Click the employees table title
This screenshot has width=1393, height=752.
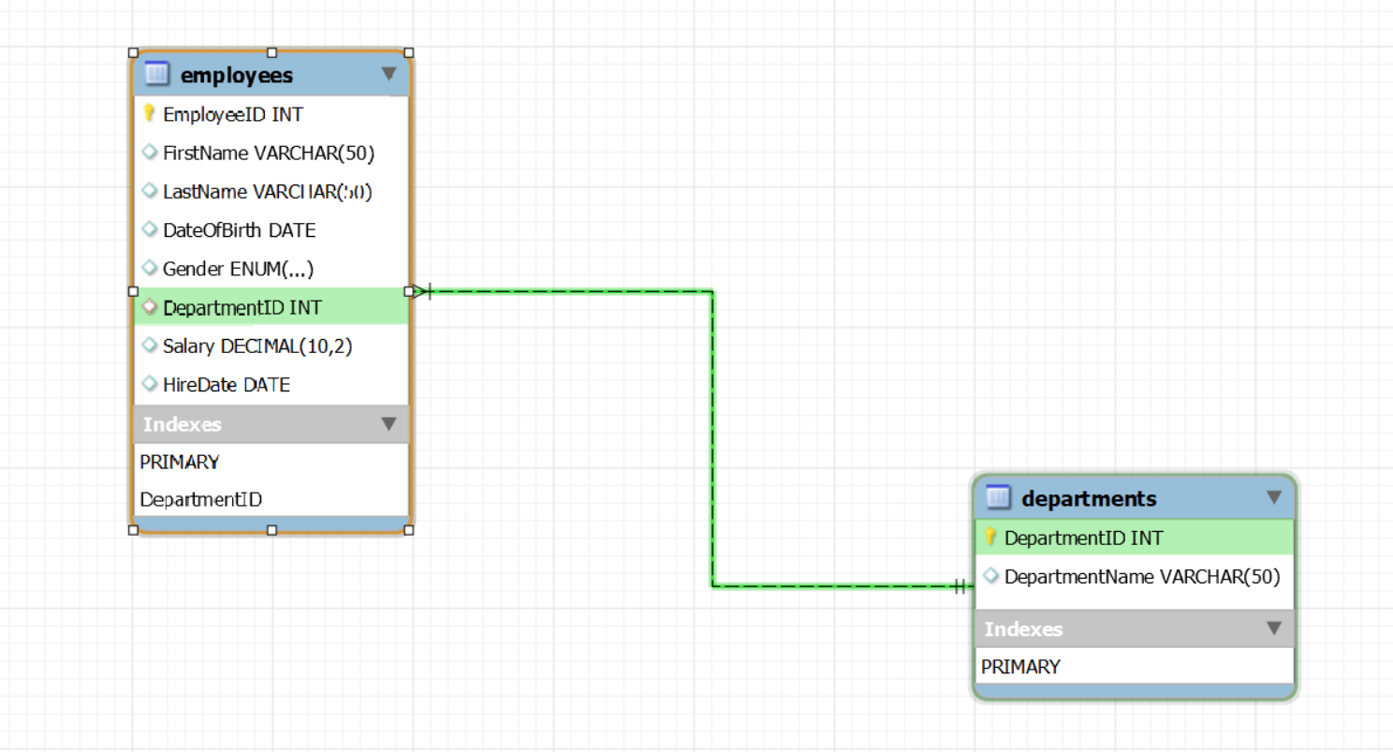237,74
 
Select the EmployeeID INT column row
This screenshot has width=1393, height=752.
233,114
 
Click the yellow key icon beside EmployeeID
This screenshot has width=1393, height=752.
148,113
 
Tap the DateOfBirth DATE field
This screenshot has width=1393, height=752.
239,229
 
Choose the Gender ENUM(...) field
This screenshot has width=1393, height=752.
238,269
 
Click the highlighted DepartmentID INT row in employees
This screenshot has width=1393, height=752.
243,307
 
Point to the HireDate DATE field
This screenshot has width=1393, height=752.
226,385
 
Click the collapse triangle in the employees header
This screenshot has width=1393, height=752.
389,73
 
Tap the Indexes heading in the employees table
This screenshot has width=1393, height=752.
183,424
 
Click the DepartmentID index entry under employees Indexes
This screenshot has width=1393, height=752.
200,499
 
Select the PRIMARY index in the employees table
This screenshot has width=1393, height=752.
180,462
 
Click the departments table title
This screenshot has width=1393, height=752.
1089,498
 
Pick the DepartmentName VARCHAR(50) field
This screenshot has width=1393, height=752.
1141,577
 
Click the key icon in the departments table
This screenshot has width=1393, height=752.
990,538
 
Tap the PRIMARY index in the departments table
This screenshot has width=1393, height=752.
1020,667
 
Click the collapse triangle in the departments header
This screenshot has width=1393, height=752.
1274,497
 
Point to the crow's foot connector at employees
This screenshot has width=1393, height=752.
420,291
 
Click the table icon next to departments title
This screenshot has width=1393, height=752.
999,497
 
